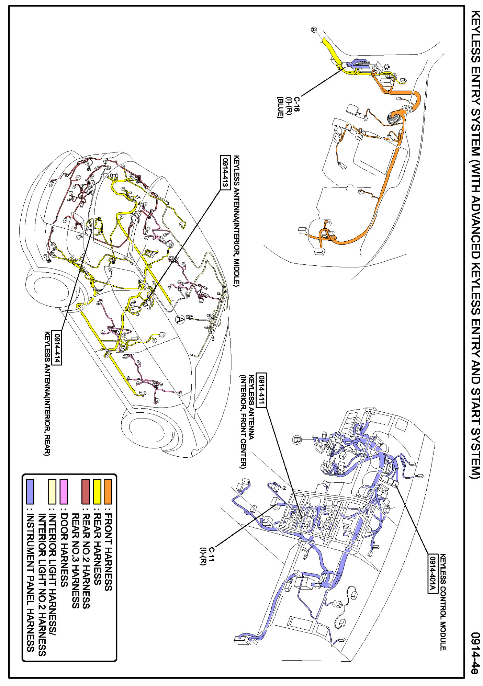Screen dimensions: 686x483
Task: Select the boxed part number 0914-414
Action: (57, 348)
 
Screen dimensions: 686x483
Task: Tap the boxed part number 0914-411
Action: (261, 390)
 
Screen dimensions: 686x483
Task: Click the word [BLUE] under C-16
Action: (280, 108)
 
